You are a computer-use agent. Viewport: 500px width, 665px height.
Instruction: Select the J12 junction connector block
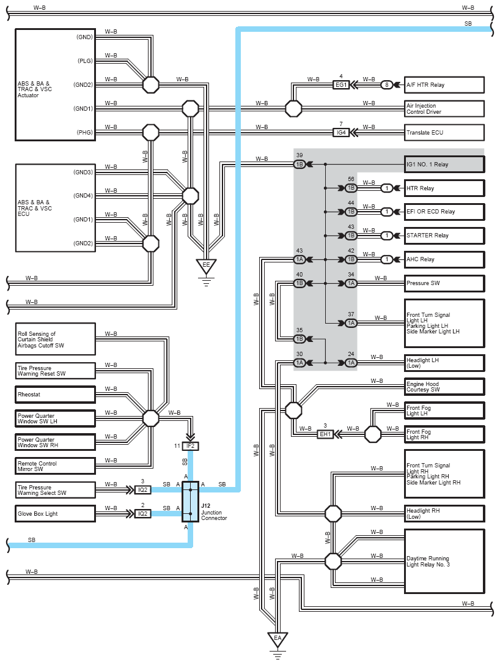click(x=190, y=501)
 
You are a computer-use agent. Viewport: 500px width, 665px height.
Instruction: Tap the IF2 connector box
click(x=190, y=446)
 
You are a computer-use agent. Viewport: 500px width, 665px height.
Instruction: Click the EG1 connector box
click(x=341, y=85)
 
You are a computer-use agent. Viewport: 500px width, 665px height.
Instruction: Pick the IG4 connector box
click(x=341, y=132)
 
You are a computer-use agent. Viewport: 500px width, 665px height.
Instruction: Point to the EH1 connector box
click(x=325, y=434)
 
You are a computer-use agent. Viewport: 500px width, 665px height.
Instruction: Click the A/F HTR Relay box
click(x=444, y=85)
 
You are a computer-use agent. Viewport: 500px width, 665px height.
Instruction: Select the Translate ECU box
click(x=444, y=132)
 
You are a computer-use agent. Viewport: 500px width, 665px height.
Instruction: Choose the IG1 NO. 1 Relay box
click(x=444, y=164)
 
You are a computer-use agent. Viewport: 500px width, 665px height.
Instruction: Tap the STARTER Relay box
click(x=444, y=236)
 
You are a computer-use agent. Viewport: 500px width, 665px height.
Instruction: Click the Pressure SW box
click(x=444, y=283)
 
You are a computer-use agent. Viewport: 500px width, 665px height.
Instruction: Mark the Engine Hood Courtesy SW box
click(x=444, y=387)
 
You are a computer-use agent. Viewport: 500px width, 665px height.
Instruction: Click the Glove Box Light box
click(x=56, y=514)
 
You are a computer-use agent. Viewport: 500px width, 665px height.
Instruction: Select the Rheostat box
click(x=56, y=395)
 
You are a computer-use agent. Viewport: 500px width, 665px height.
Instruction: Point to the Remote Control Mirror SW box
click(x=56, y=466)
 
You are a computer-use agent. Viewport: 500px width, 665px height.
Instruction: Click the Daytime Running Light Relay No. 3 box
click(x=444, y=561)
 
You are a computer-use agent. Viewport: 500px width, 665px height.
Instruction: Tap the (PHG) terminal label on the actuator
click(x=85, y=132)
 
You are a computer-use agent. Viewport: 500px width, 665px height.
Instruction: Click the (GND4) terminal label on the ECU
click(x=83, y=196)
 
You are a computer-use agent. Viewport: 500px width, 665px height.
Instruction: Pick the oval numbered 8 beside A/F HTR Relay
click(x=386, y=85)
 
